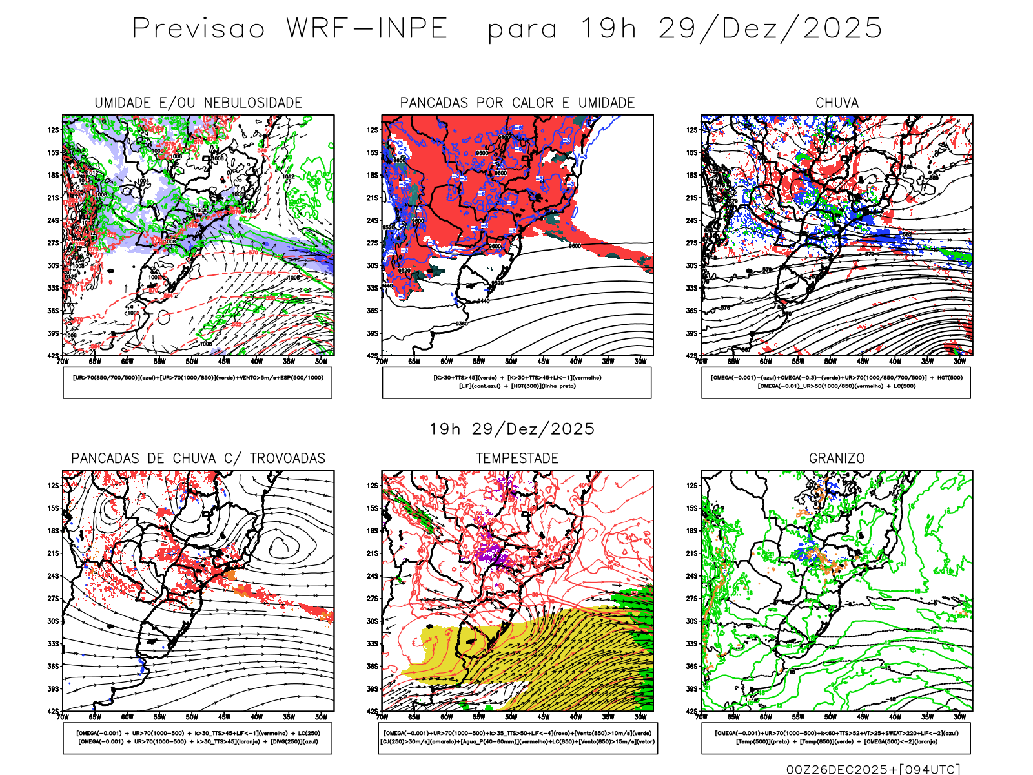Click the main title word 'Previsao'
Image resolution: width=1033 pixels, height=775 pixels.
(x=199, y=29)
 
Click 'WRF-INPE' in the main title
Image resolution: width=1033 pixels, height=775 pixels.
(x=367, y=29)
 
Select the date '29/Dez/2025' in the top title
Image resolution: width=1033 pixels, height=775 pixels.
(x=770, y=29)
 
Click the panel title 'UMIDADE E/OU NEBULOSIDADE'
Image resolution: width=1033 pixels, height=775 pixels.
(x=198, y=103)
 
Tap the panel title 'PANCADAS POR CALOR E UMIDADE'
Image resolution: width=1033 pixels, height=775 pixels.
(x=517, y=103)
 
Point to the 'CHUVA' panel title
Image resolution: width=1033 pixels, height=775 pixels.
(x=837, y=103)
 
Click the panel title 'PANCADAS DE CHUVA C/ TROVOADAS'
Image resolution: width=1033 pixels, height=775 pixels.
(x=198, y=458)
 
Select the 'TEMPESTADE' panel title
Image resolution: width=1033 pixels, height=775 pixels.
(x=517, y=458)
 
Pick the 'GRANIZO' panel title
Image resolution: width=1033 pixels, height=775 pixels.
(x=837, y=458)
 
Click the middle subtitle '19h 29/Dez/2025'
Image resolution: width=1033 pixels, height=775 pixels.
(x=512, y=429)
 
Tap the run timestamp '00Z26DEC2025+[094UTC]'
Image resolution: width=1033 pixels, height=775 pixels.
(x=873, y=769)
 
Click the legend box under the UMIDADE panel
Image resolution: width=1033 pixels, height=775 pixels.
(x=198, y=382)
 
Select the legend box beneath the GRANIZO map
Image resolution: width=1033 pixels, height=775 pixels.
(x=836, y=738)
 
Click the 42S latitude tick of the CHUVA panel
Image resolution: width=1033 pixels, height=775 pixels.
(x=692, y=356)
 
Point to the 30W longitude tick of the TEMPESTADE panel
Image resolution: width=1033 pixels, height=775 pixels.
(x=640, y=717)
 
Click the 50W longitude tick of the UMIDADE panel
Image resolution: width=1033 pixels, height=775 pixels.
(x=192, y=362)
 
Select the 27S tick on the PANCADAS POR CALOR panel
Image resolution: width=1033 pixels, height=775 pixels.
(x=373, y=243)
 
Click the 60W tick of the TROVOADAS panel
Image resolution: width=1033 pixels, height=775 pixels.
(x=127, y=717)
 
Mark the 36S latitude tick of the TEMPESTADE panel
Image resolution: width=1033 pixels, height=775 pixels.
(x=373, y=666)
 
